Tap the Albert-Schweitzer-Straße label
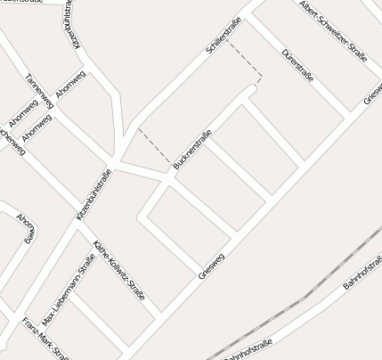coord(334,32)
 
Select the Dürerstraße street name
coord(297,66)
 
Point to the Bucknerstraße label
coord(192,150)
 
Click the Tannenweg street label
coord(41,90)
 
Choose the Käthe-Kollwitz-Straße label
coord(118,270)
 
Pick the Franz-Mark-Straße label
coord(45,338)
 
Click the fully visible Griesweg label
coord(212,266)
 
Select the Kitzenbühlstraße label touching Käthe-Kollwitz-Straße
coord(93,194)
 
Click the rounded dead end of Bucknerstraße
coord(252,90)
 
